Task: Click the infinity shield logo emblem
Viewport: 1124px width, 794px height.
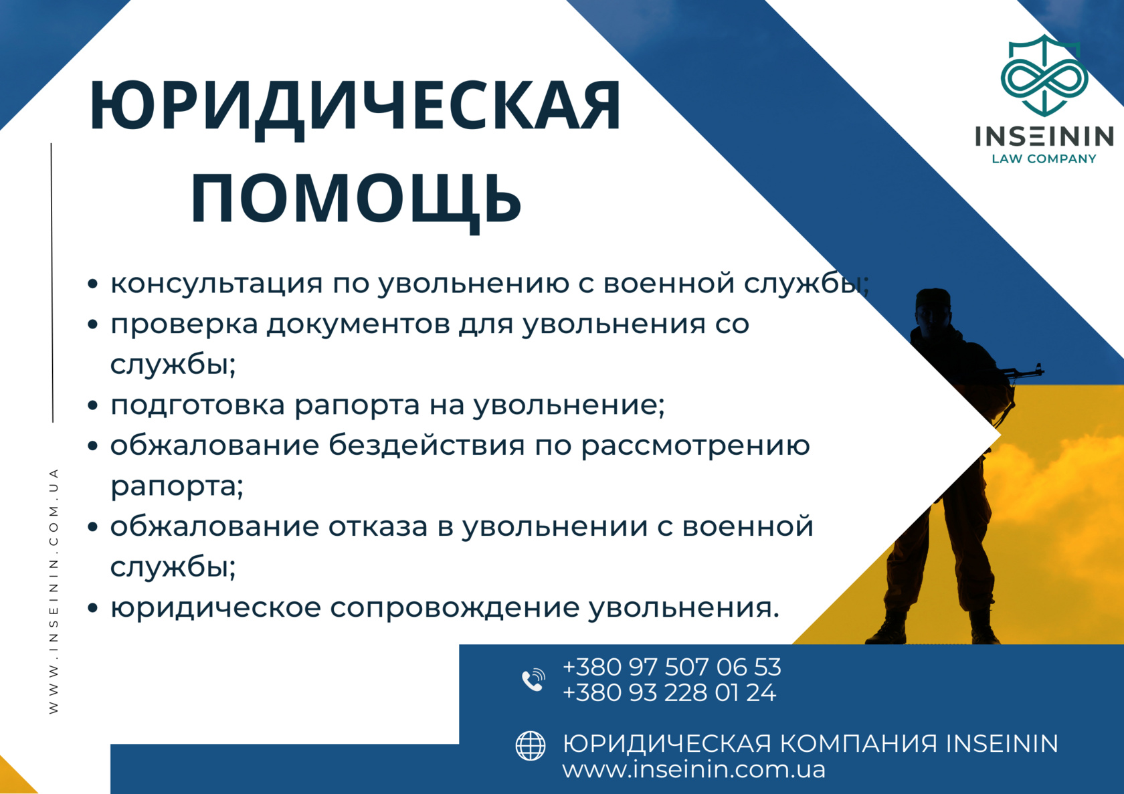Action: (1044, 75)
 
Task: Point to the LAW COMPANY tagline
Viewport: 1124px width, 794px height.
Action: (1044, 159)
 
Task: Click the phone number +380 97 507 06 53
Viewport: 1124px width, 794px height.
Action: (672, 667)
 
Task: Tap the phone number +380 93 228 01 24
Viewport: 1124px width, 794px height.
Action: (669, 693)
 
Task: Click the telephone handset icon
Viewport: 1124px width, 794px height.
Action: (533, 680)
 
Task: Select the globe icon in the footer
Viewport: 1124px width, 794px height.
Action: (531, 745)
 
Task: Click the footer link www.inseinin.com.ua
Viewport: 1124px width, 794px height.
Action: (694, 769)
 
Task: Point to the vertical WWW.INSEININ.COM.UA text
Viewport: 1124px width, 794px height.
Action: (54, 591)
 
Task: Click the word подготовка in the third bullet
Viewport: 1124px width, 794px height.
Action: (198, 406)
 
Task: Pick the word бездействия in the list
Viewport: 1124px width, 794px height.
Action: (427, 445)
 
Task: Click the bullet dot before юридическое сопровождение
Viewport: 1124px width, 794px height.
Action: (92, 609)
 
